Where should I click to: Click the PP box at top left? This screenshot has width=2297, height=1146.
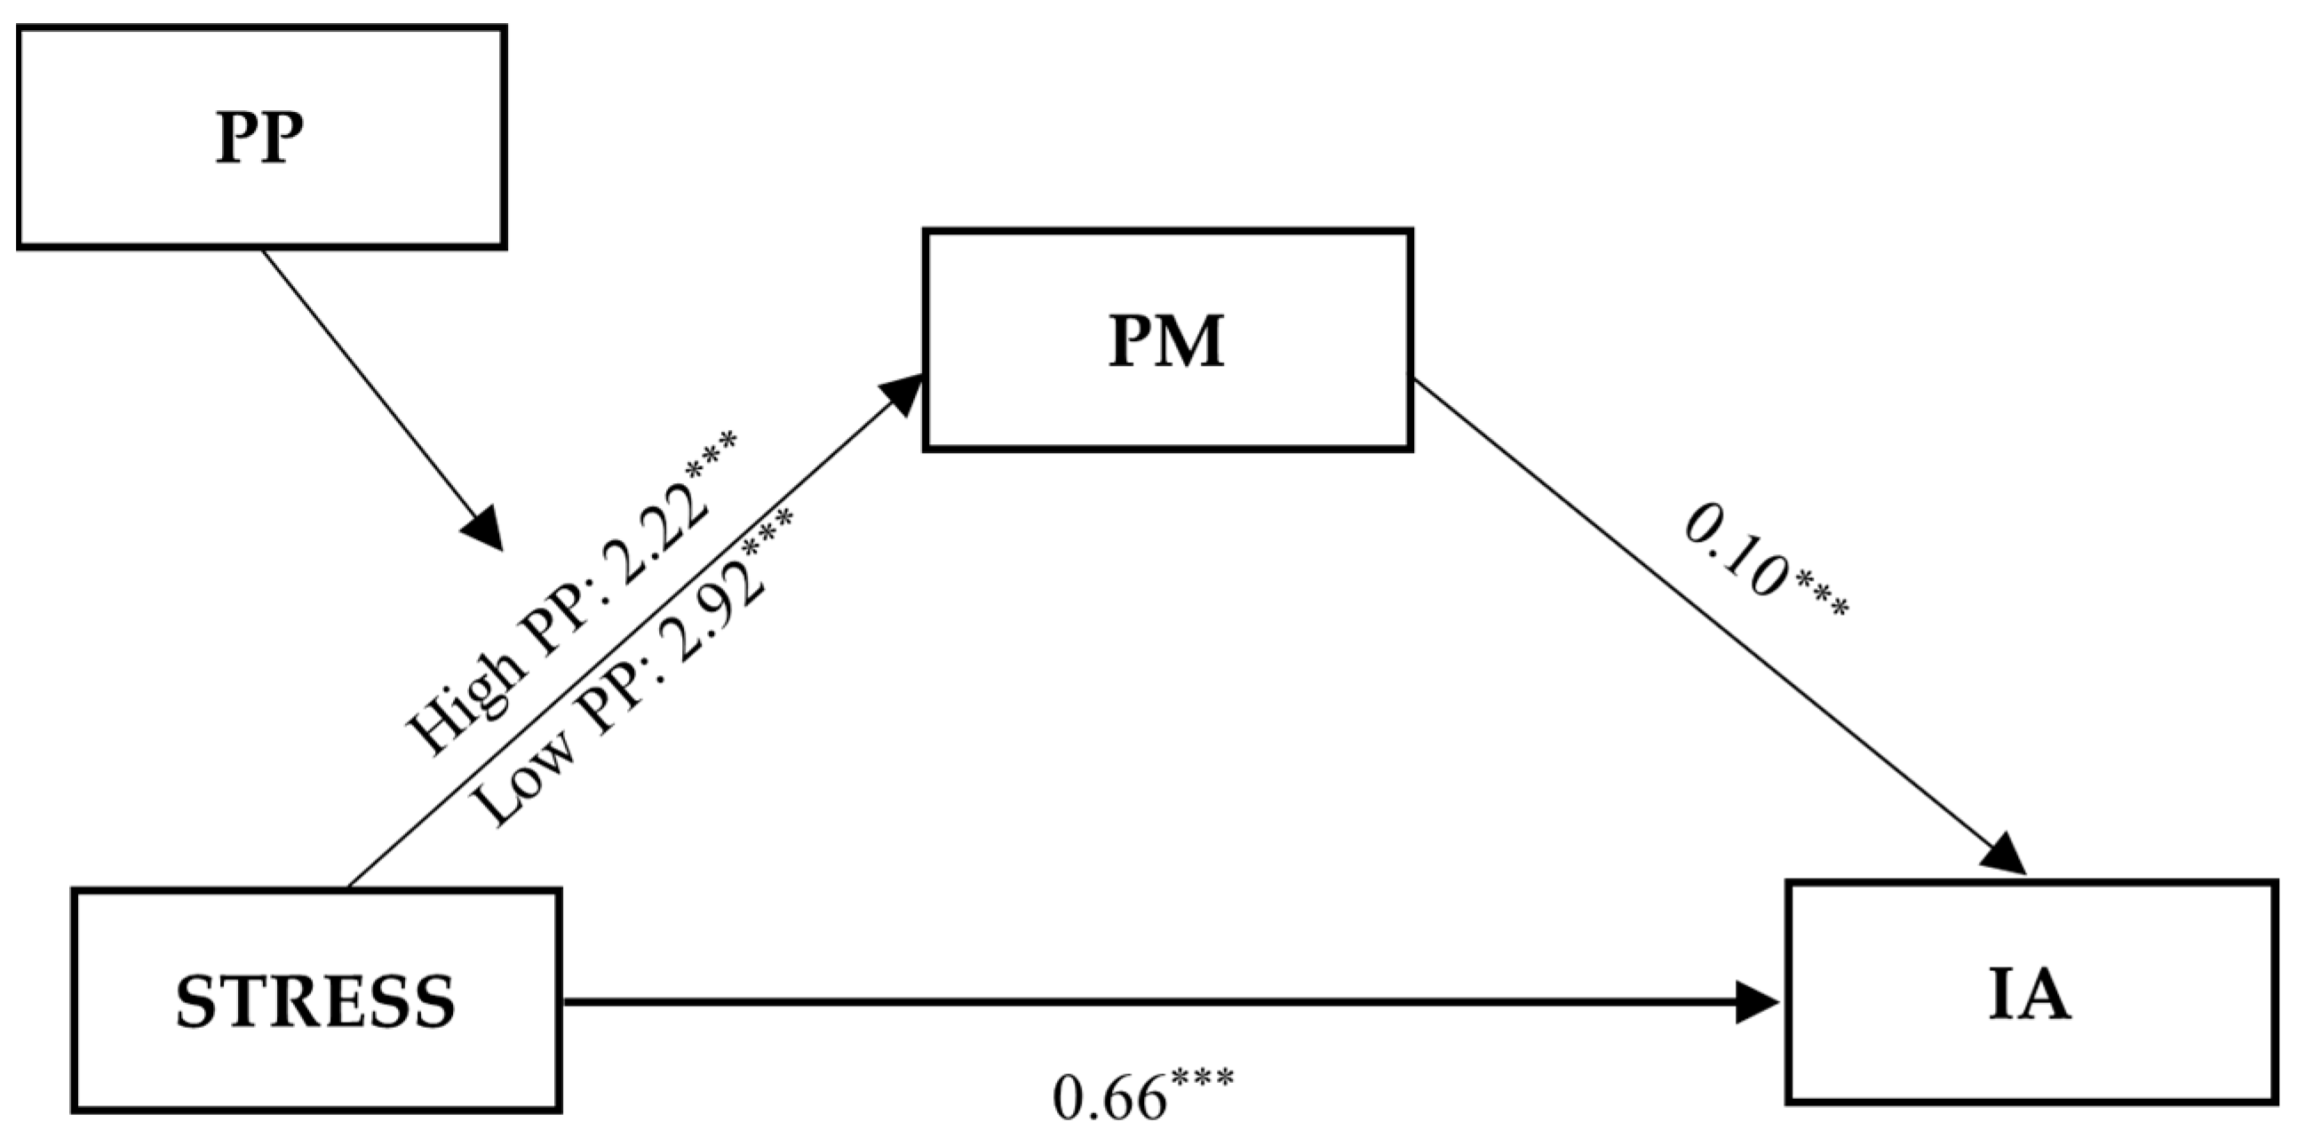pyautogui.click(x=261, y=137)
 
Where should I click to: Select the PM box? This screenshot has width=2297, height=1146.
pyautogui.click(x=1167, y=339)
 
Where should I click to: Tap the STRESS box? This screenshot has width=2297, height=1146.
pyautogui.click(x=316, y=999)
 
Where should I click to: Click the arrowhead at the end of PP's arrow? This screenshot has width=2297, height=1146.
pyautogui.click(x=484, y=531)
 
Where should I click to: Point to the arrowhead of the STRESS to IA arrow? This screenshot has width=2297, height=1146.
pyautogui.click(x=1759, y=1001)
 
